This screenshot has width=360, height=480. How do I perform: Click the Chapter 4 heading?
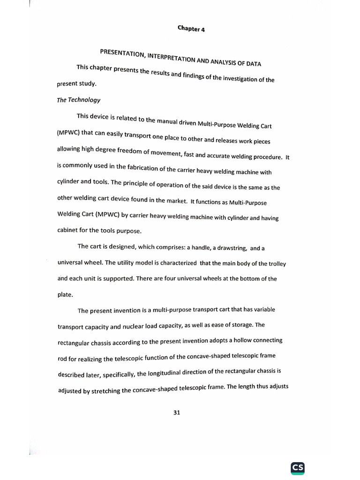coord(191,29)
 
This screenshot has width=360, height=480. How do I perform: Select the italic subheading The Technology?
coord(78,100)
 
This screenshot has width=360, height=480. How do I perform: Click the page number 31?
coord(177,412)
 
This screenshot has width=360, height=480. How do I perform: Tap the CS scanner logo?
coord(298,467)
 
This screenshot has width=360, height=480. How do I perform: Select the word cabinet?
coord(69,230)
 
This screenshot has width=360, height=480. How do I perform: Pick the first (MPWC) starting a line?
coord(68,132)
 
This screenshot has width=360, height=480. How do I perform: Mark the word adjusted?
coord(70,391)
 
